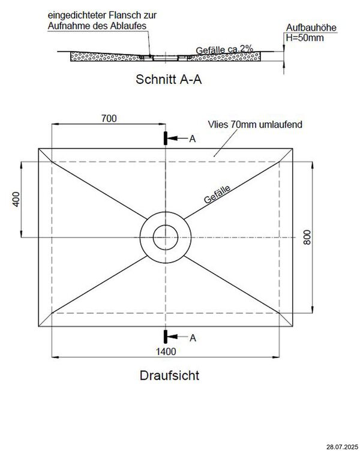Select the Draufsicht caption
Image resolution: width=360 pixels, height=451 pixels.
(170, 376)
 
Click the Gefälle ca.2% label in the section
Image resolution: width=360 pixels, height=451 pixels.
(221, 50)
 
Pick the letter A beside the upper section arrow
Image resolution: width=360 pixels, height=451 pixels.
(192, 139)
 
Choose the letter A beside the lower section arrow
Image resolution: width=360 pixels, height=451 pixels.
(192, 338)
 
